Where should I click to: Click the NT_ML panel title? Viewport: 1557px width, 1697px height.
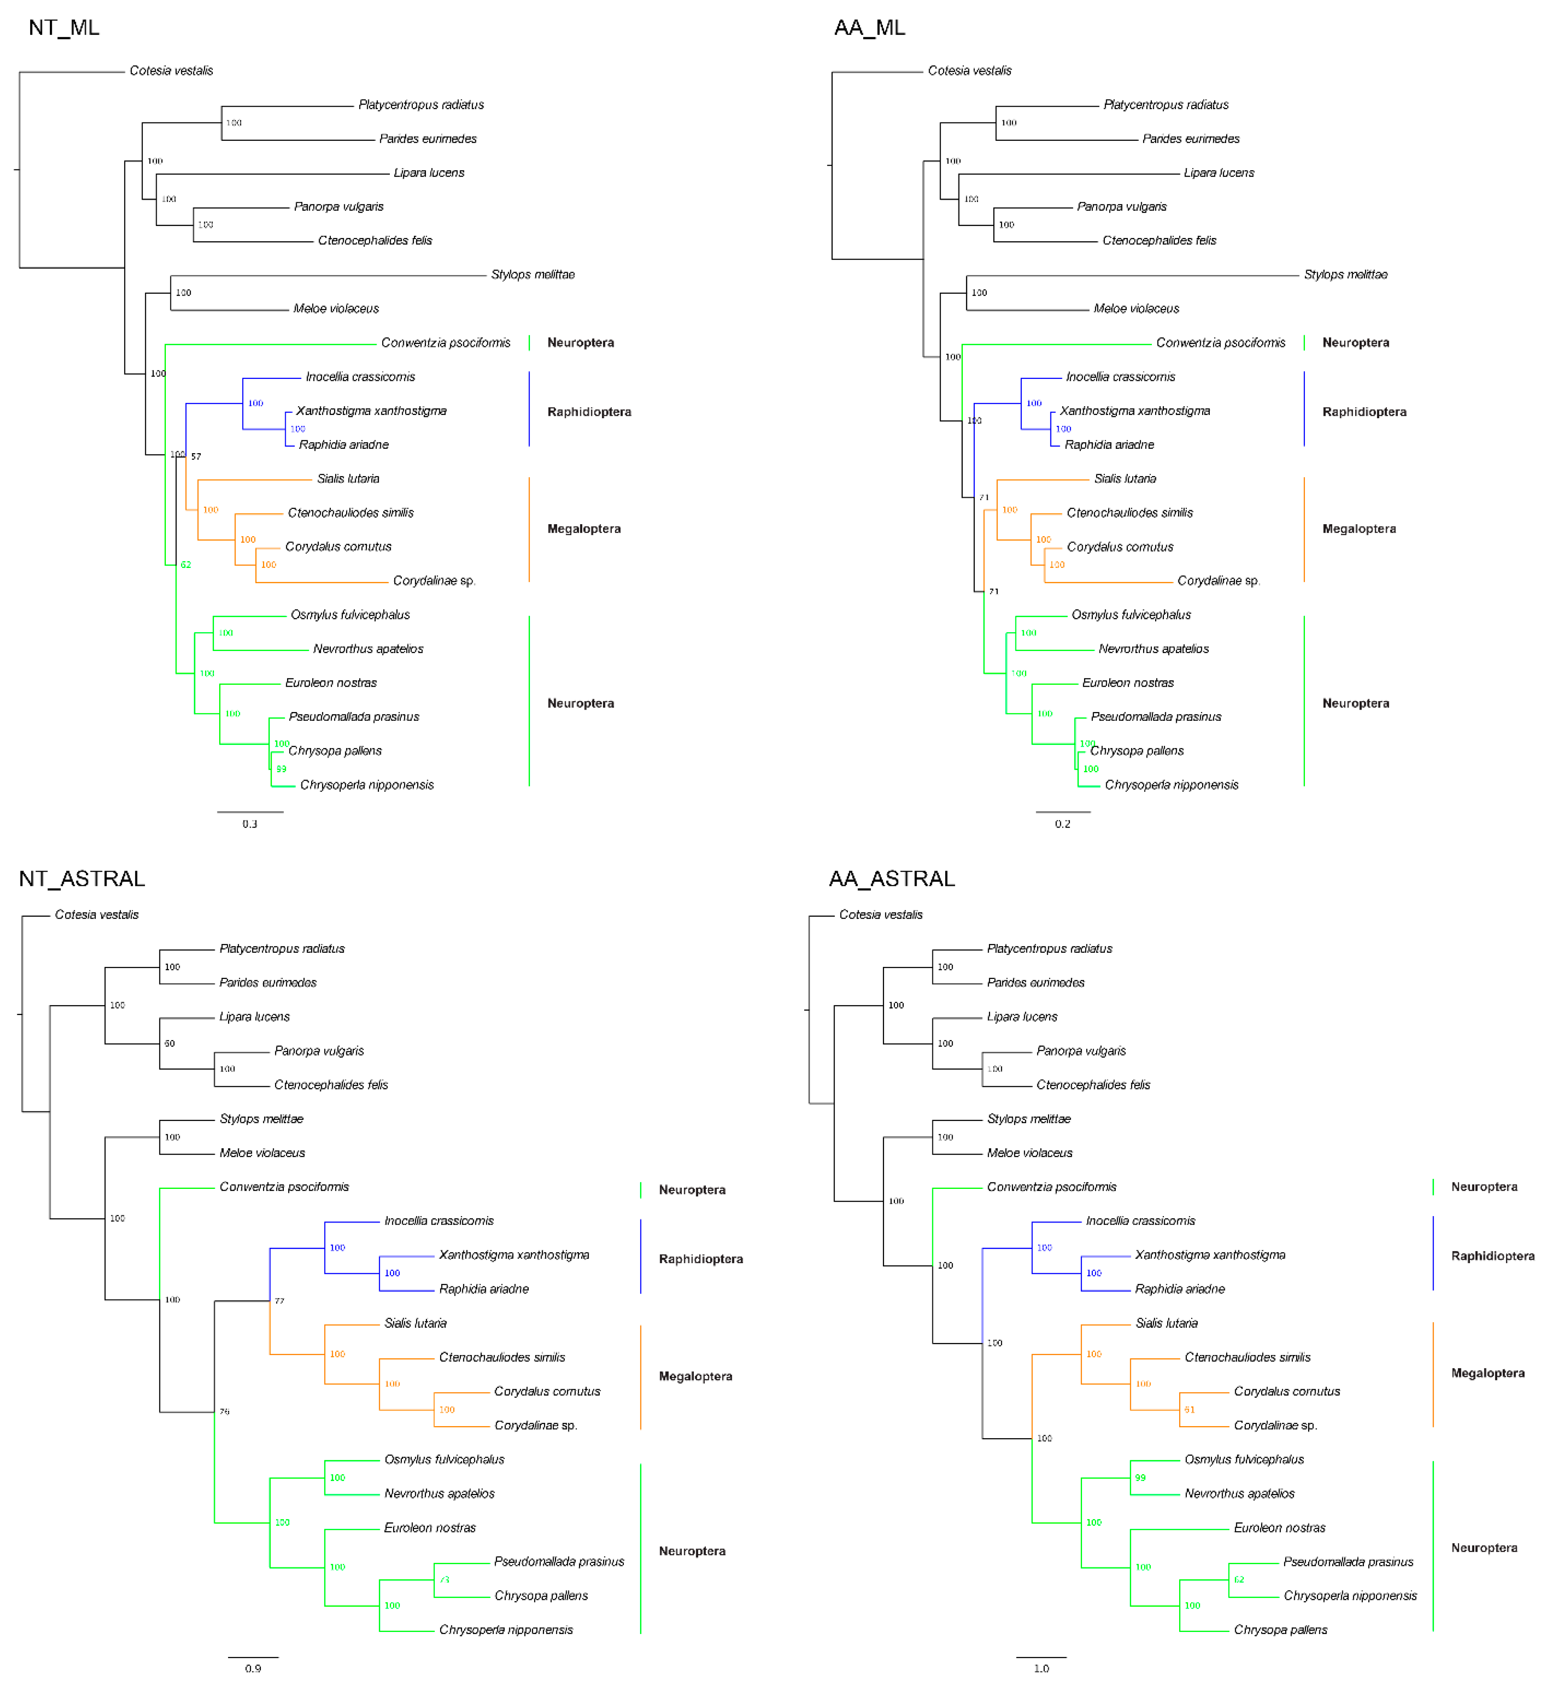(64, 28)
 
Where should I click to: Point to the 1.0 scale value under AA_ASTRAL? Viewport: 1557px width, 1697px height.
(1041, 1669)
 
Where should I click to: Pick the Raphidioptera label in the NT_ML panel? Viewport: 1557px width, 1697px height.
(589, 412)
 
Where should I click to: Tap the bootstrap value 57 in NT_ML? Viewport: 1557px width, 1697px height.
(196, 456)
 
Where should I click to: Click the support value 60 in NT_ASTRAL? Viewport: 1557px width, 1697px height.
(169, 1044)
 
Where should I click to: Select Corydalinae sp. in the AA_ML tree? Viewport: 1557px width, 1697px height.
(1217, 581)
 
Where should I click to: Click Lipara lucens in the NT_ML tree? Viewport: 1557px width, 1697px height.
(429, 173)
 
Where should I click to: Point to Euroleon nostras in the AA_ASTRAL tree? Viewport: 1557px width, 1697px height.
(1279, 1528)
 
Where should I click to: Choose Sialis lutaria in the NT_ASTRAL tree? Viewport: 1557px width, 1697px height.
(416, 1323)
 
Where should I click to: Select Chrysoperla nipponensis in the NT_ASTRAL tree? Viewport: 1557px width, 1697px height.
(505, 1630)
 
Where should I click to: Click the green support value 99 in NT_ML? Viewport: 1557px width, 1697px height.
(281, 769)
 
